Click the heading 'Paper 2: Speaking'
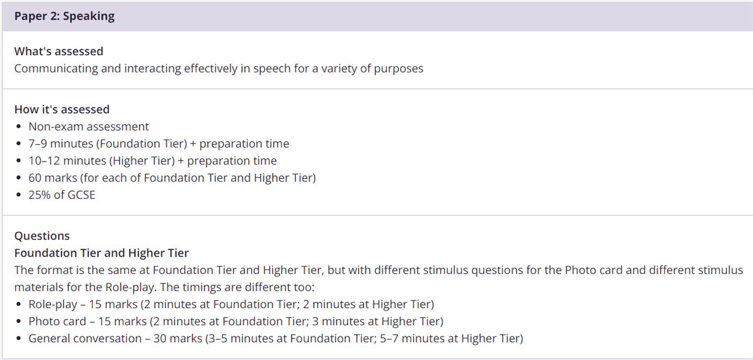64,16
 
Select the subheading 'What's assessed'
59,51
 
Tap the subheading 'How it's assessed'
62,109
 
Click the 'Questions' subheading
42,236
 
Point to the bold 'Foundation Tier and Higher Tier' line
102,253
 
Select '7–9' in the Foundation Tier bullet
38,144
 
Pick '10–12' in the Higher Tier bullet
44,161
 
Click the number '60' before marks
35,178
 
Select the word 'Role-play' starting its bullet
53,304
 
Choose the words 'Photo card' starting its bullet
57,321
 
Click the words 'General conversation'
85,338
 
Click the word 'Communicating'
56,69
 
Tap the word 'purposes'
399,69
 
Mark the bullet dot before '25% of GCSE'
18,195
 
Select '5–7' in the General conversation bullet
389,338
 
